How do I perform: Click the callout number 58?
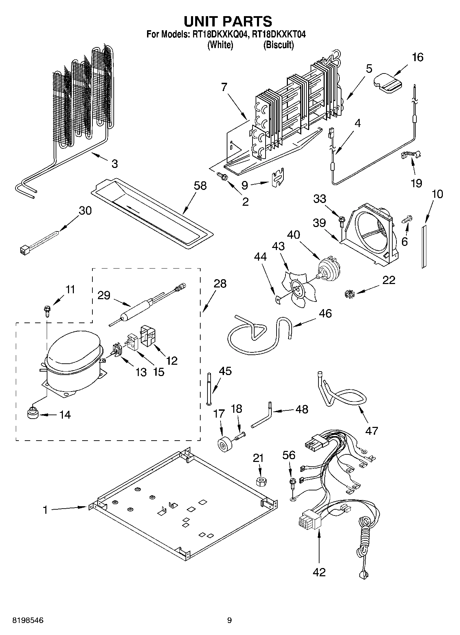click(x=200, y=186)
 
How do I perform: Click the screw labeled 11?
click(x=47, y=310)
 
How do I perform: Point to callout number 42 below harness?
click(x=319, y=572)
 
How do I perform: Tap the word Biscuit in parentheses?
click(x=279, y=45)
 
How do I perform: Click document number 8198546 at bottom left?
click(x=27, y=620)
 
